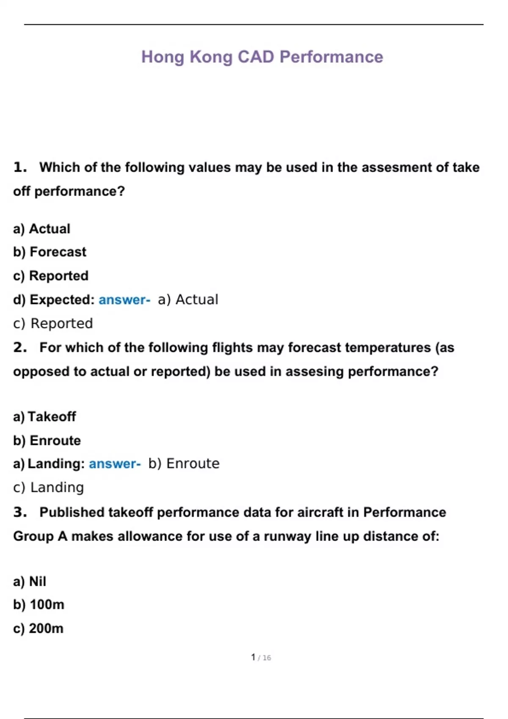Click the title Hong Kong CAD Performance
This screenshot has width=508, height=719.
pos(262,57)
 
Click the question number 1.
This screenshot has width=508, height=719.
pos(20,167)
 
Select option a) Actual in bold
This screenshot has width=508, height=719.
pos(41,229)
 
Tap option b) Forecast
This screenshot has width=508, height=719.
pos(50,252)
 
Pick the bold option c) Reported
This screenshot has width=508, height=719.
pos(51,276)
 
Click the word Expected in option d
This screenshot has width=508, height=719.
pos(62,300)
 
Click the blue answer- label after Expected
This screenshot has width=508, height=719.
pos(124,300)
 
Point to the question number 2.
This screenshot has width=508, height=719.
pos(20,348)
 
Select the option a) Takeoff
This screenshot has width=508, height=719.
pos(44,417)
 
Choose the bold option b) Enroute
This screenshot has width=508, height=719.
pos(47,441)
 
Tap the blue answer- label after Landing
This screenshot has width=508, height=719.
pos(115,464)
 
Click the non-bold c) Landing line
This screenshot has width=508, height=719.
pos(49,488)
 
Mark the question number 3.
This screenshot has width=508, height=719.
pos(20,512)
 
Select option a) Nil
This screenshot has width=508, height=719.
pos(30,582)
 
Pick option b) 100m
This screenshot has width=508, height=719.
pos(39,605)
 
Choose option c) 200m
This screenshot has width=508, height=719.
pos(38,628)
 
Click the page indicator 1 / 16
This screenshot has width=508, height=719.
pos(261,658)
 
